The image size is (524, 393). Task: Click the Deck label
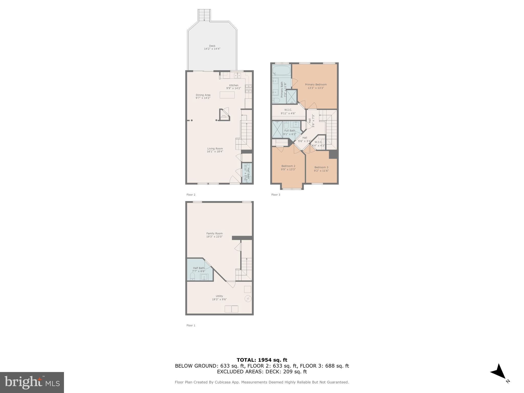pos(212,46)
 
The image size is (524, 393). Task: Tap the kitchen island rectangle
pos(227,95)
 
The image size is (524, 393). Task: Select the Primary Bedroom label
pos(316,84)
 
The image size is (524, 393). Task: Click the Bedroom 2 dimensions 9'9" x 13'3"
pos(288,169)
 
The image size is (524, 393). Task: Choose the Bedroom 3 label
pos(321,167)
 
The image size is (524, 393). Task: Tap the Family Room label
pos(214,233)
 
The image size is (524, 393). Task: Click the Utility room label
pos(219,296)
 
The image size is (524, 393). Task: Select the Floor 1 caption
pos(191,325)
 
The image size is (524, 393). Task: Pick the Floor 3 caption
pos(276,195)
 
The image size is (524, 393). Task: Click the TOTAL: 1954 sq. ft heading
pos(262,360)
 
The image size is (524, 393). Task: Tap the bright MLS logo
pos(32,382)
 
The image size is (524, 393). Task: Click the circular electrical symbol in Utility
pos(248,299)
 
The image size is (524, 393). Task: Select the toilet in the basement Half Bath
pos(193,277)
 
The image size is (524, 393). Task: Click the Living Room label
pos(215,148)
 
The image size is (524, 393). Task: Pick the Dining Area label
pos(203,95)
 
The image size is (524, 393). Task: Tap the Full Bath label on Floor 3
pos(290,130)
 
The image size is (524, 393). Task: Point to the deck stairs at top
pos(204,15)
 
